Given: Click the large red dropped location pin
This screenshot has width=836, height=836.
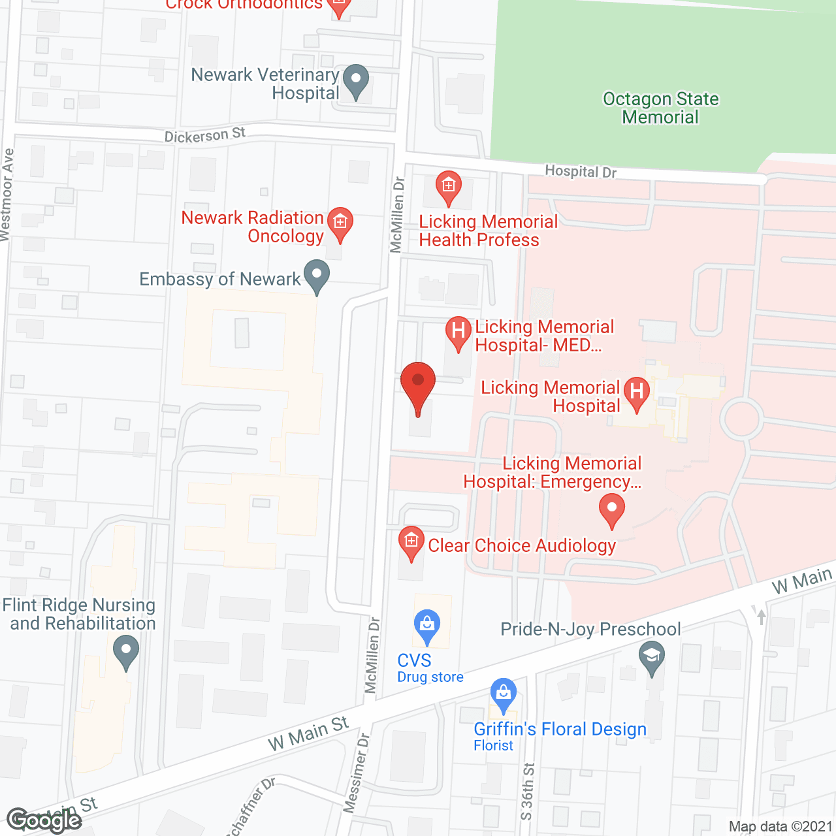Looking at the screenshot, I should pos(417,382).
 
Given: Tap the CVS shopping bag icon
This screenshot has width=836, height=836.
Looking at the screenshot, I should pos(426,625).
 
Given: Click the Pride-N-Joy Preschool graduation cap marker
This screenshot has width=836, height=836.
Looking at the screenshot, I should pos(651,656).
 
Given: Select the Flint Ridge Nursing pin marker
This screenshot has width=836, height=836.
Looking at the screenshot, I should pos(125,652).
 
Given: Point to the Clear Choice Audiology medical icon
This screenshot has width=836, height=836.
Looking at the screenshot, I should pos(411,542).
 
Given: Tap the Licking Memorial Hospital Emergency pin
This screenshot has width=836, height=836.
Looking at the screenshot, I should pos(611,509).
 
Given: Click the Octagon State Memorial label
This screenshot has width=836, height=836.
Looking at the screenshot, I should pos(660,108).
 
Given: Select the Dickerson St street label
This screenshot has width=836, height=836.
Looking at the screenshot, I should pos(204,135).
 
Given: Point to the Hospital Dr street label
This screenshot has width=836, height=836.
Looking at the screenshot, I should pos(581,171).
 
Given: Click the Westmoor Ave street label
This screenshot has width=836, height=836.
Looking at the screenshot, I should pos(7,195).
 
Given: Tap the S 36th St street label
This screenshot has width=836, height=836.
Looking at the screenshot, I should pos(527,792).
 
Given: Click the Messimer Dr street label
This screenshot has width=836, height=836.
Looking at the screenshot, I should pos(357,772).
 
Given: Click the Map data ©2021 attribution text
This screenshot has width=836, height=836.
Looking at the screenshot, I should pos(780,826).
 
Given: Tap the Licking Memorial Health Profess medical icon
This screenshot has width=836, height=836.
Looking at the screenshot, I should pos(448,187).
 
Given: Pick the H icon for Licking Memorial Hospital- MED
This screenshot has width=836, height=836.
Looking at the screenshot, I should pos(458,332).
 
